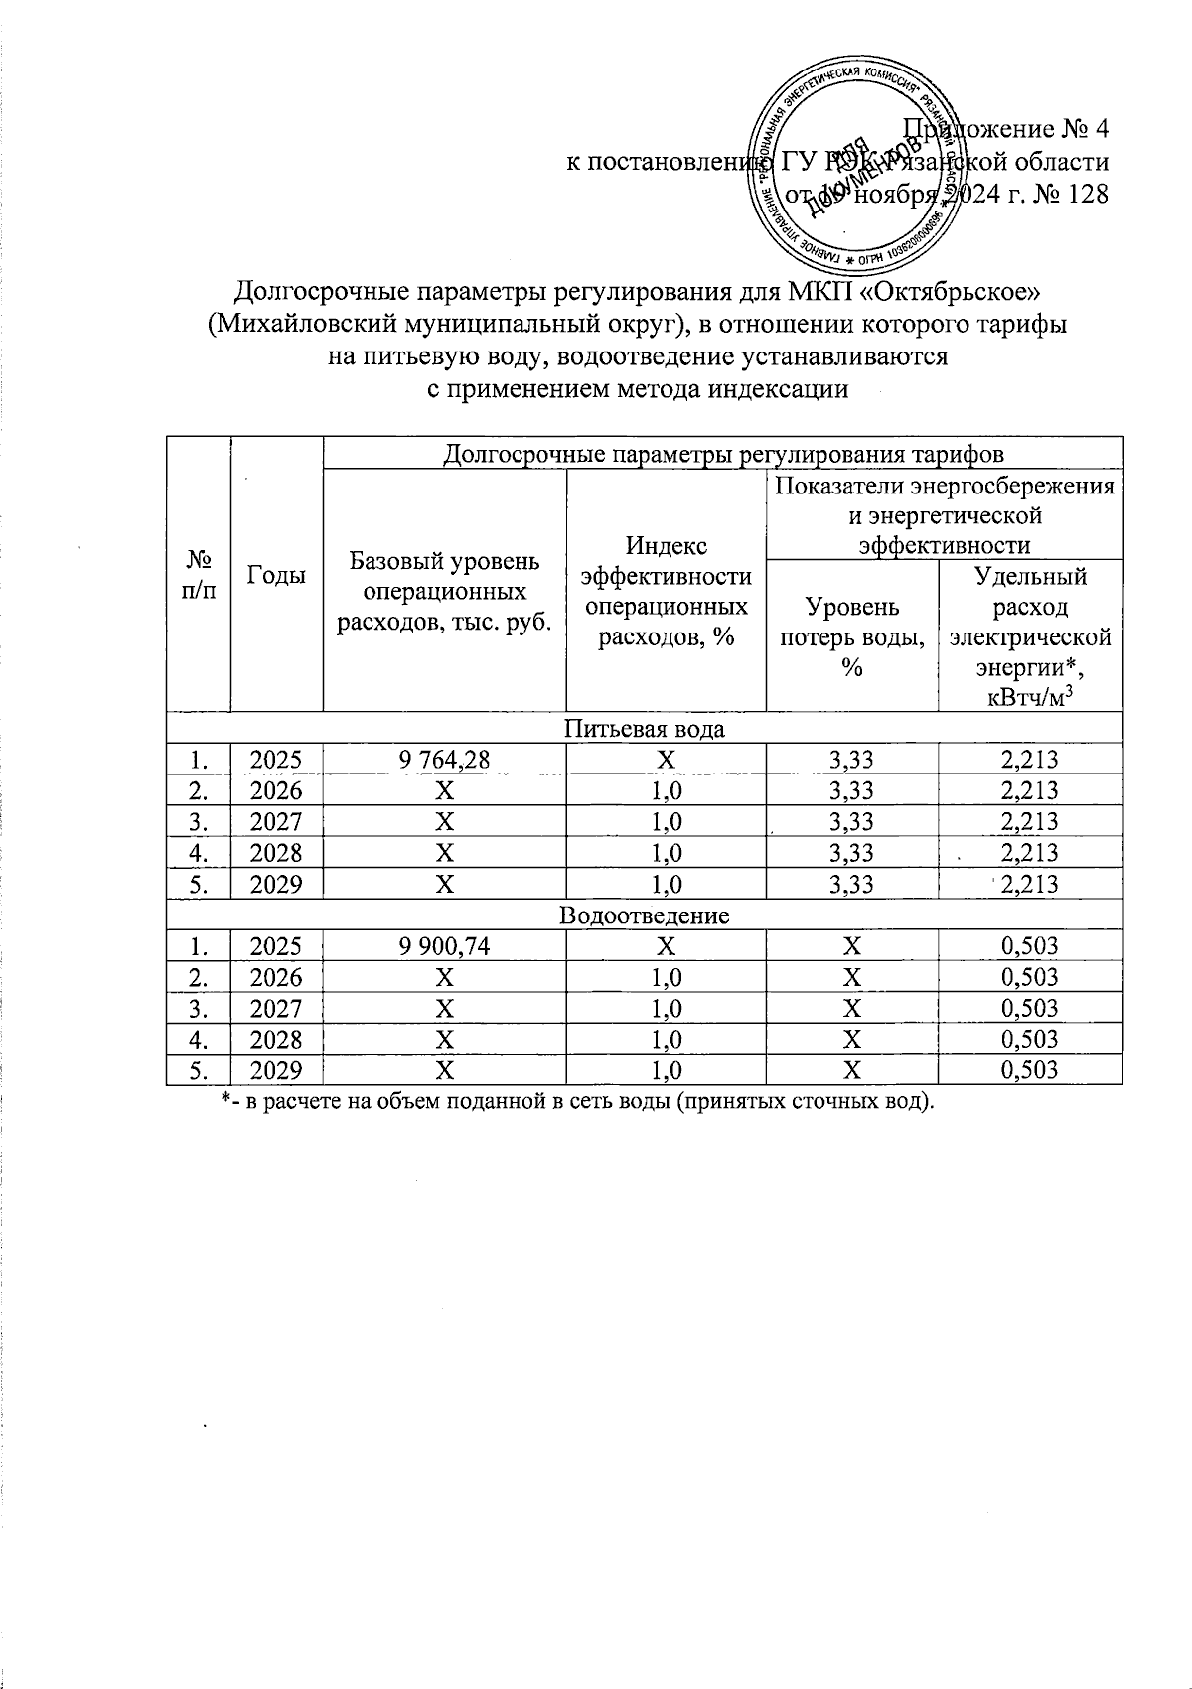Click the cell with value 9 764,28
point(445,761)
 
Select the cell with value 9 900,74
point(445,946)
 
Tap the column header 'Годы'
point(276,574)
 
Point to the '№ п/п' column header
point(199,574)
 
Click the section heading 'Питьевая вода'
point(644,729)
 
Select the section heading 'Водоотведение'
point(644,915)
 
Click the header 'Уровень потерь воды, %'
point(851,636)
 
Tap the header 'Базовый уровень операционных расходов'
point(445,591)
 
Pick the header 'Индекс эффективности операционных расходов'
point(666,591)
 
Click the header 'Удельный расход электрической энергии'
point(1030,635)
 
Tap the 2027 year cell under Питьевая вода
point(276,822)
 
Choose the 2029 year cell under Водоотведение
point(276,1070)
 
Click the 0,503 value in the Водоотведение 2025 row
point(1030,946)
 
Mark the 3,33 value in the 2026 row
point(851,791)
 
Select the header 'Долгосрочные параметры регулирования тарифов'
point(723,454)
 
